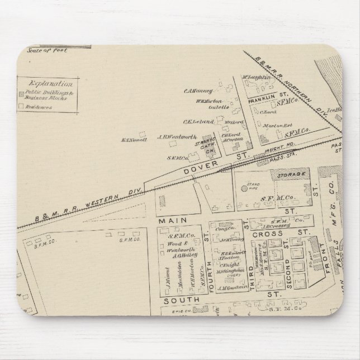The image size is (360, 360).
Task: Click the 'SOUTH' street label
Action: point(174,300)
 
